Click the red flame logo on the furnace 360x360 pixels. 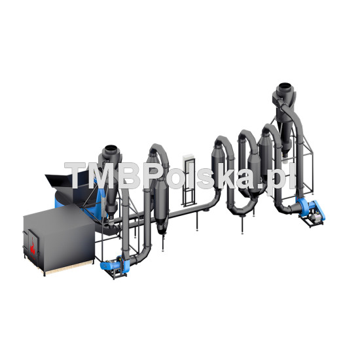pos(33,248)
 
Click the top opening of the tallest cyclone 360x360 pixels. pos(285,86)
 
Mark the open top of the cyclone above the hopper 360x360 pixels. pos(111,149)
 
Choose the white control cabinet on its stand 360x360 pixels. pos(189,162)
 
